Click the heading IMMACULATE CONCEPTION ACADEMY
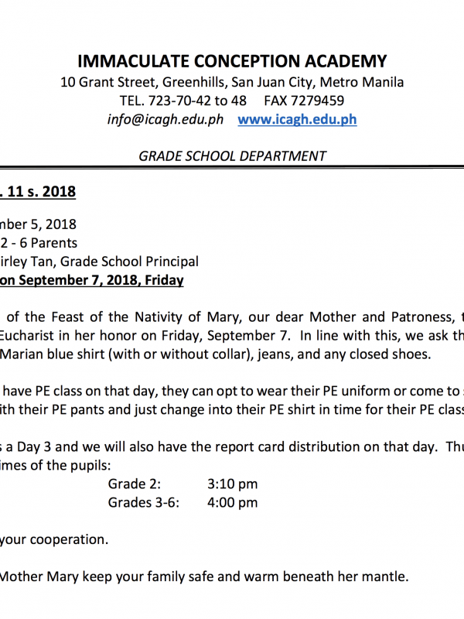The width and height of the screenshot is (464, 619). [x=232, y=61]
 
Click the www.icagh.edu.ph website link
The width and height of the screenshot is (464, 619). [x=297, y=120]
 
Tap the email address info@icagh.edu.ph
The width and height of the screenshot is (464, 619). [x=165, y=120]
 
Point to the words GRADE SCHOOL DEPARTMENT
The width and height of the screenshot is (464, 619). [x=232, y=156]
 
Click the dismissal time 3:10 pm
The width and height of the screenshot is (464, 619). [x=232, y=484]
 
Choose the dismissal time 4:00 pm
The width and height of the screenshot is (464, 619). [x=232, y=502]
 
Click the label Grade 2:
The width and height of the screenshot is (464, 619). [x=135, y=484]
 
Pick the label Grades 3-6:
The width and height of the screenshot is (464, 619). [x=143, y=502]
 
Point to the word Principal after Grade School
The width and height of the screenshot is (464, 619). [x=171, y=262]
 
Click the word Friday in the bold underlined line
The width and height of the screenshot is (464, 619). [x=162, y=279]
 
